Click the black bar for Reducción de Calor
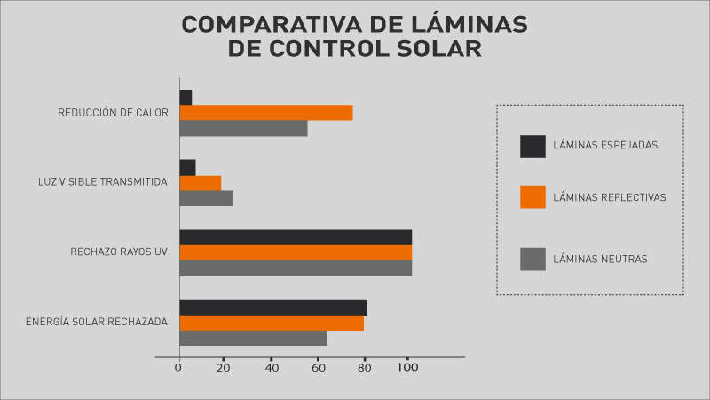pos(185,97)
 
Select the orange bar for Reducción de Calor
pos(266,113)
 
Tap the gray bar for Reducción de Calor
pos(243,128)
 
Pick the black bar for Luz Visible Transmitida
pos(187,167)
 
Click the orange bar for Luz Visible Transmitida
pos(200,183)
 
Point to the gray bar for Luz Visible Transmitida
pos(206,198)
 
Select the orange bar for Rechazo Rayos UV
pos(296,252)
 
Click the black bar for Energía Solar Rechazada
pos(273,307)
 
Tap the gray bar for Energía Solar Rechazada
pos(253,338)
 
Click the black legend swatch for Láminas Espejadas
pos(532,146)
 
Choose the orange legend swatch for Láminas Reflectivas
pos(532,196)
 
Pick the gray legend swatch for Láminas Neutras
pos(532,259)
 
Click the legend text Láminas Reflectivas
pos(609,197)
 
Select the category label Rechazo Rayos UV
pos(119,252)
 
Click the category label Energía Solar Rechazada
pos(97,322)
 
